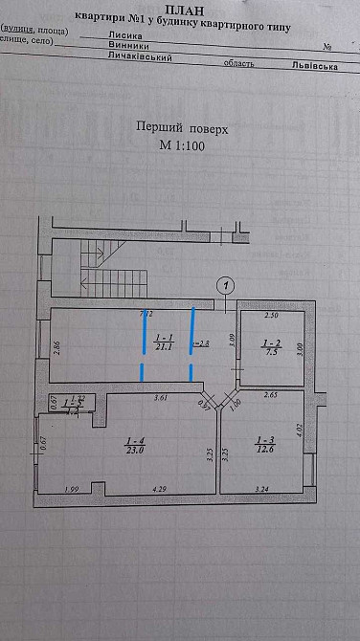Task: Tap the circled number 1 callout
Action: [x=226, y=284]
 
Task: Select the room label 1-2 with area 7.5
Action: [x=271, y=345]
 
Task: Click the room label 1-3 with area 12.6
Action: [x=264, y=445]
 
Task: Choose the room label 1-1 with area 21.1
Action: [x=162, y=343]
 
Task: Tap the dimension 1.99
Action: [x=71, y=490]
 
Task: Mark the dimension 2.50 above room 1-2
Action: [x=271, y=315]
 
